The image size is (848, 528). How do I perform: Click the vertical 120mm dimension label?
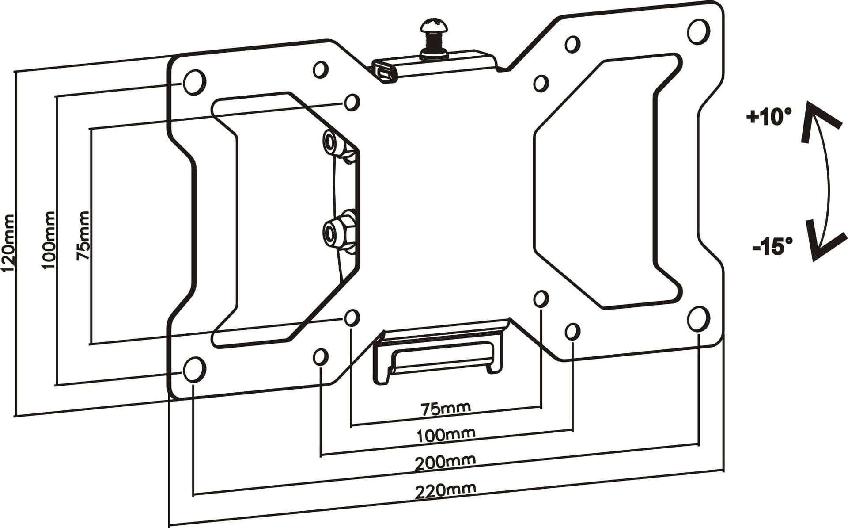coord(9,243)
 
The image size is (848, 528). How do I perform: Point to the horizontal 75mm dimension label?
coord(446,408)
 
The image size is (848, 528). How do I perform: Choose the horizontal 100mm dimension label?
coord(446,434)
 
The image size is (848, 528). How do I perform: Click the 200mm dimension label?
coord(445,462)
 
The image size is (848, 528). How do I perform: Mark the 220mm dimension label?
coord(445,490)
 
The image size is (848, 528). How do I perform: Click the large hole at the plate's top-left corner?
coord(194,82)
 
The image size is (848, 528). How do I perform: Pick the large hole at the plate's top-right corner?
coord(699,31)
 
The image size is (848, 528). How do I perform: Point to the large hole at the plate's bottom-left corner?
coord(194,369)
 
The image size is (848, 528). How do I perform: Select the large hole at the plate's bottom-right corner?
coord(698,319)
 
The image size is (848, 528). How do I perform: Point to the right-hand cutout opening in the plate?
coord(607,181)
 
